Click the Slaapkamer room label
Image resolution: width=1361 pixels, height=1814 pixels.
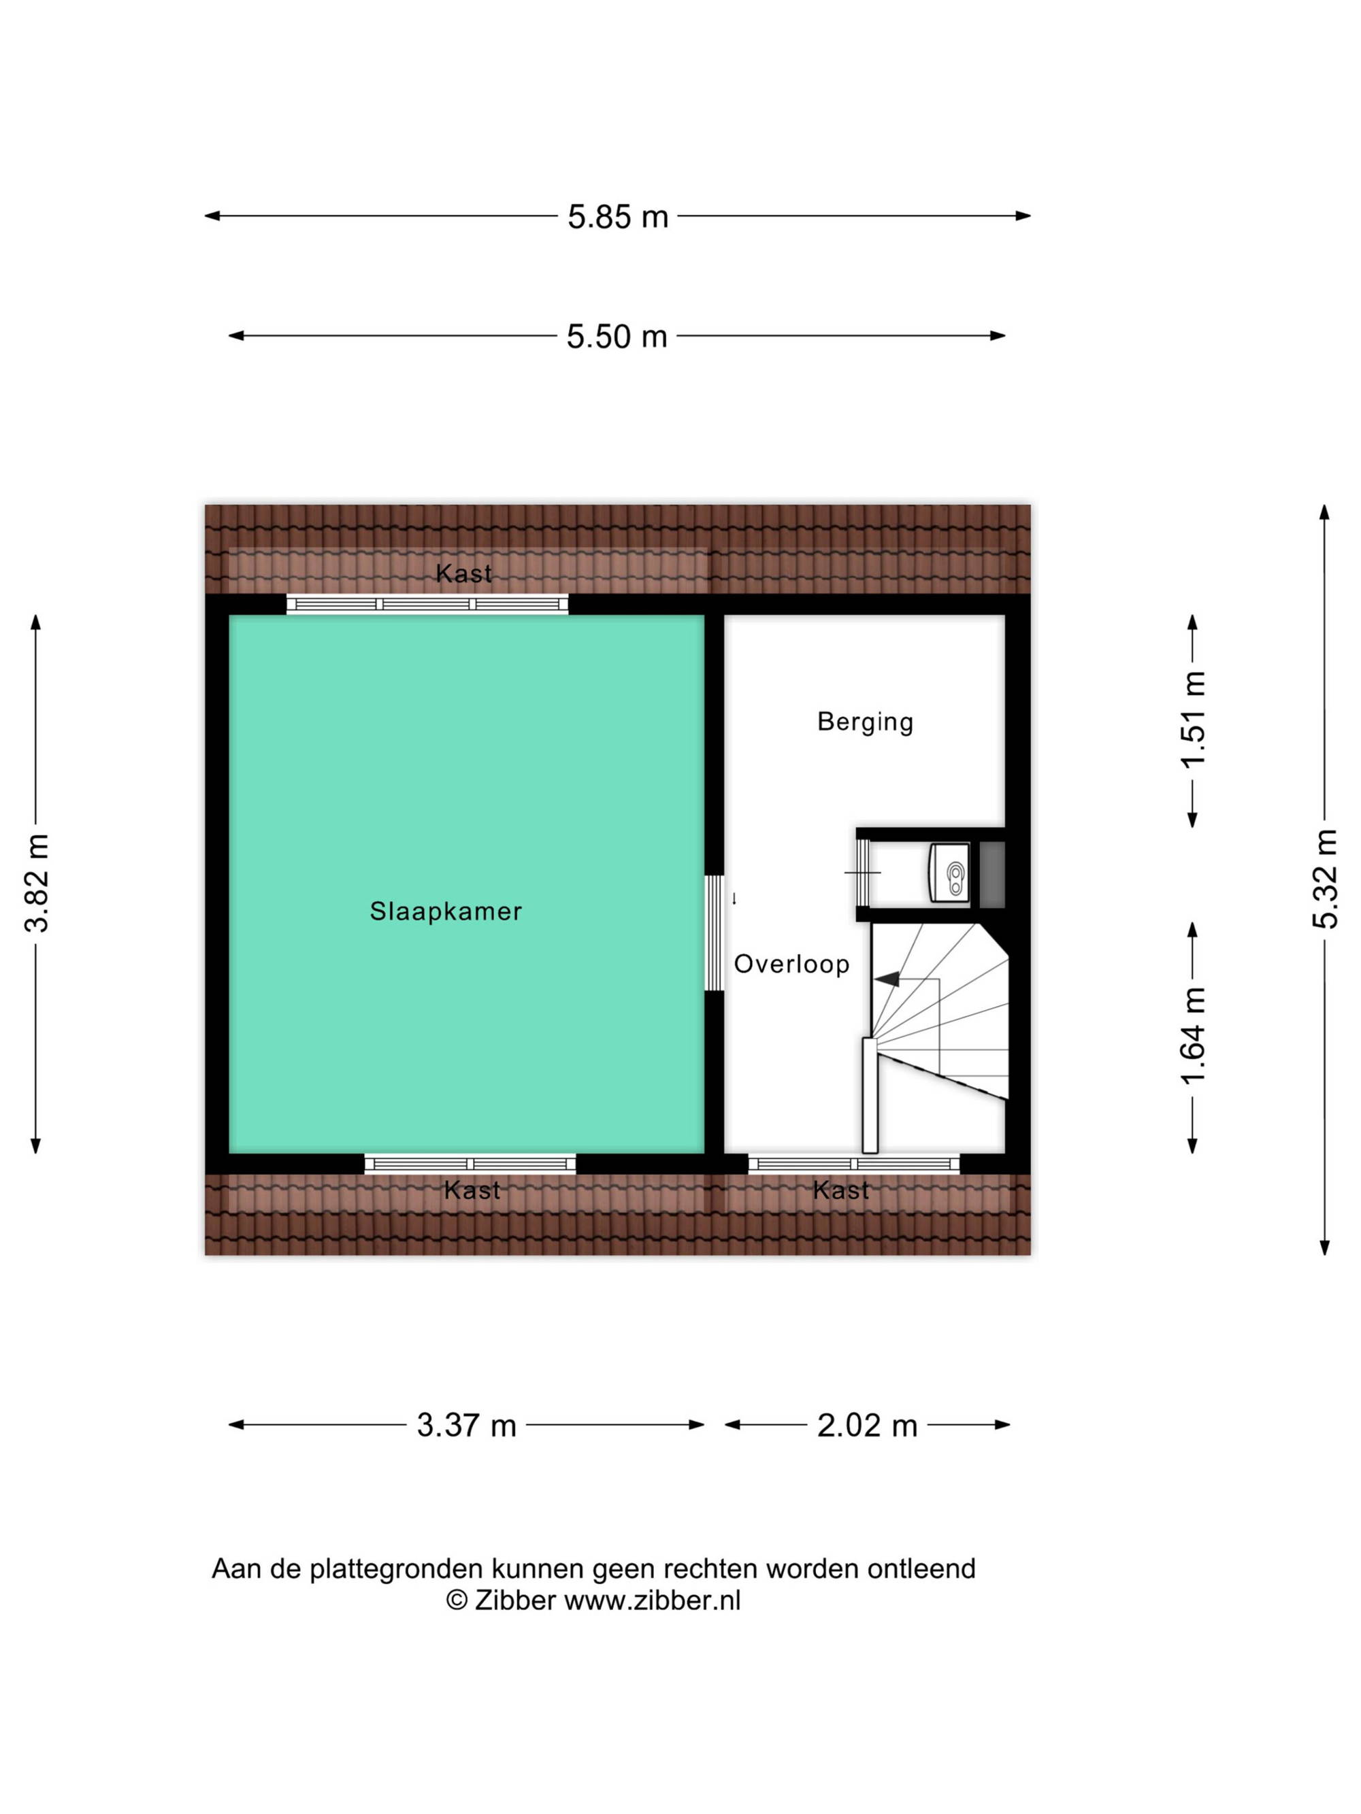[446, 911]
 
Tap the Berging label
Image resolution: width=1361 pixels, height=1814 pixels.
[865, 722]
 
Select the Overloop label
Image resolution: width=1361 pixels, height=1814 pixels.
[791, 964]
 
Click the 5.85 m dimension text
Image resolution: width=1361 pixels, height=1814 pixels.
[618, 216]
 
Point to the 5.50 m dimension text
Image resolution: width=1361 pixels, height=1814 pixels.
[617, 336]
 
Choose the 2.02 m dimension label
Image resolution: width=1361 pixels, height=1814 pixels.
[866, 1426]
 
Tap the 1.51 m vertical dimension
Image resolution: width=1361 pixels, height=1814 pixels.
[1194, 719]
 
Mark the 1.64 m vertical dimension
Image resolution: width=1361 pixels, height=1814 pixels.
[1194, 1035]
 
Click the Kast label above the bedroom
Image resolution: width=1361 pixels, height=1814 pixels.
[463, 573]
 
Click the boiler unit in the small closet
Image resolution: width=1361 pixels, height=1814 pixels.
[949, 872]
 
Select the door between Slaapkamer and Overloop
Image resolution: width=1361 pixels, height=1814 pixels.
[715, 933]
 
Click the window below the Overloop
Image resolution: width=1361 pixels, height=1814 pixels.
[853, 1163]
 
